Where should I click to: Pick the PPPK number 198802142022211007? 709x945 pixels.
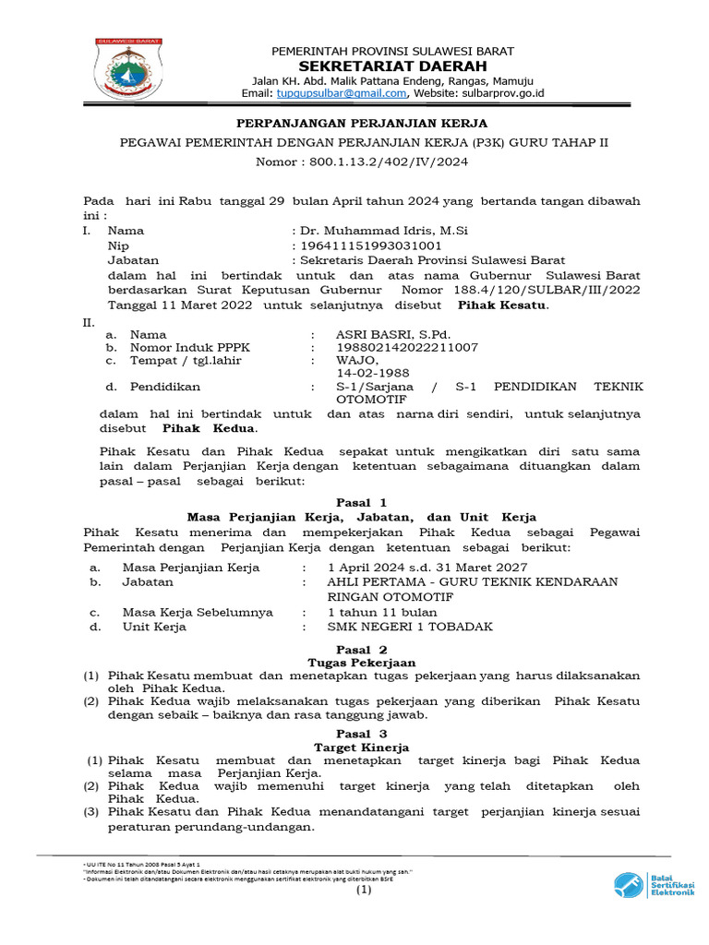[407, 347]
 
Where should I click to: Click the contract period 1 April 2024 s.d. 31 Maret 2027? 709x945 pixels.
[427, 567]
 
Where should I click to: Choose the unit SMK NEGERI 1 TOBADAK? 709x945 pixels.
[410, 627]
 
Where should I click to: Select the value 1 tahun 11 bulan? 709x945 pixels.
[381, 612]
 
